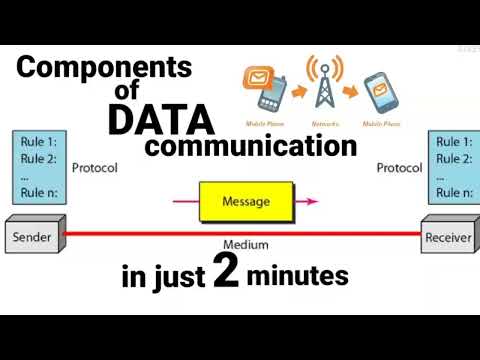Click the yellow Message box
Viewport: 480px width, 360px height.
pyautogui.click(x=246, y=201)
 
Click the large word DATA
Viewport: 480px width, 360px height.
pyautogui.click(x=161, y=120)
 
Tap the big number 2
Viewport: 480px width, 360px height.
pyautogui.click(x=226, y=275)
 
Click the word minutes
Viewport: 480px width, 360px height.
pyautogui.click(x=301, y=277)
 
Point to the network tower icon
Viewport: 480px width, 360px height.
pyautogui.click(x=323, y=85)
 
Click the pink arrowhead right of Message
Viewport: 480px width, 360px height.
pyautogui.click(x=312, y=201)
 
